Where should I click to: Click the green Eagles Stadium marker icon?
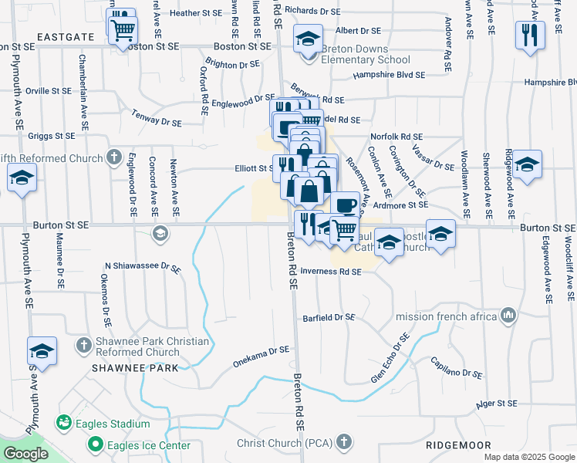63,424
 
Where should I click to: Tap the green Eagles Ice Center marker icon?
96,444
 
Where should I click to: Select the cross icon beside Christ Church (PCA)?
345,442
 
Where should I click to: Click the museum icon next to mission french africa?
508,316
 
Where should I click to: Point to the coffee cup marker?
346,204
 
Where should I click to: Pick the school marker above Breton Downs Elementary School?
307,38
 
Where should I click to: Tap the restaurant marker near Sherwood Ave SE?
530,34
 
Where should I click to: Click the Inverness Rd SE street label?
331,272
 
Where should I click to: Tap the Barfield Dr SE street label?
329,317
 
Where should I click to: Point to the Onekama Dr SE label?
262,356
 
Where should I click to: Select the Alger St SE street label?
496,403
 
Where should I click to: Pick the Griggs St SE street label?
50,135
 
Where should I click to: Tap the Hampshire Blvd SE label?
389,76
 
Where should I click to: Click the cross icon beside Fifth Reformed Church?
114,158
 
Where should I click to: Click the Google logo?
25,454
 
